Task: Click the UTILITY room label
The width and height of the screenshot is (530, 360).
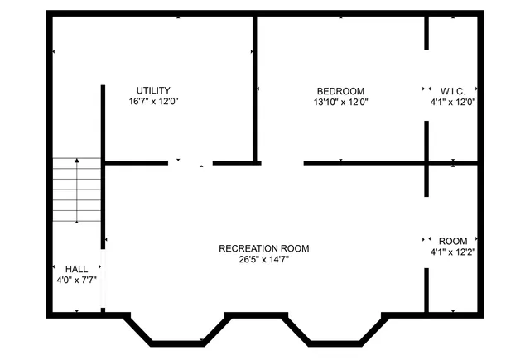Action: (x=154, y=90)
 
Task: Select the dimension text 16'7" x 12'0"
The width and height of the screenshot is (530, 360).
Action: (x=154, y=102)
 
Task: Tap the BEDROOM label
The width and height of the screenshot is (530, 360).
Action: (x=340, y=91)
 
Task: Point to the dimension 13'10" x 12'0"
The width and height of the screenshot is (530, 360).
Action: (x=340, y=103)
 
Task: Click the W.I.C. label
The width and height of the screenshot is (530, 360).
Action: (x=452, y=91)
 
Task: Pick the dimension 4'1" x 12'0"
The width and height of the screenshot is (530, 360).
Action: (x=452, y=103)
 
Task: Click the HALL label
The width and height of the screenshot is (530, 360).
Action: (x=76, y=269)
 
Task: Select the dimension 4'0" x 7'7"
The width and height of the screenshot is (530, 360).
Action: (x=71, y=280)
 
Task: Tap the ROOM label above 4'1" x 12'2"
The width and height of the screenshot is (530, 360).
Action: (x=452, y=241)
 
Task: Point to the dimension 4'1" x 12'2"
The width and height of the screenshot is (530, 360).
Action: (x=452, y=252)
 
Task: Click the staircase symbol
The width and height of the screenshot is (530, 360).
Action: (x=77, y=191)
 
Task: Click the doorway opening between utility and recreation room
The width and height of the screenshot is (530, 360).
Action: (x=190, y=163)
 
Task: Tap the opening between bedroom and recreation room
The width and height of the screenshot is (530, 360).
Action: (x=280, y=163)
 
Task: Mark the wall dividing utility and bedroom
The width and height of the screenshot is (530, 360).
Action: (x=255, y=87)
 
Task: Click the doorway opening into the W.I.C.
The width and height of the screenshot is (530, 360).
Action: (x=427, y=87)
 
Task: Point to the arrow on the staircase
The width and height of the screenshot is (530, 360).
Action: (x=77, y=190)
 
